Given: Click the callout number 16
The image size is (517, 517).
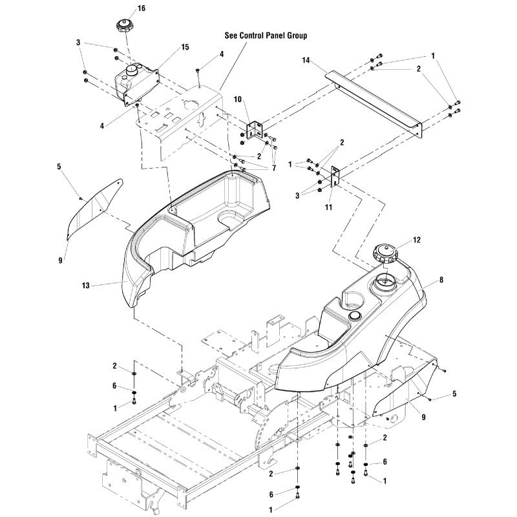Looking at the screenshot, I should tap(142, 8).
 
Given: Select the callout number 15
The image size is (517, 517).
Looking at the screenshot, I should tap(167, 47).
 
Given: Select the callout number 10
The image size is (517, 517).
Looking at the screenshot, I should tap(237, 100).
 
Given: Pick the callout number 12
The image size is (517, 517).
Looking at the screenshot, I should tap(417, 240).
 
